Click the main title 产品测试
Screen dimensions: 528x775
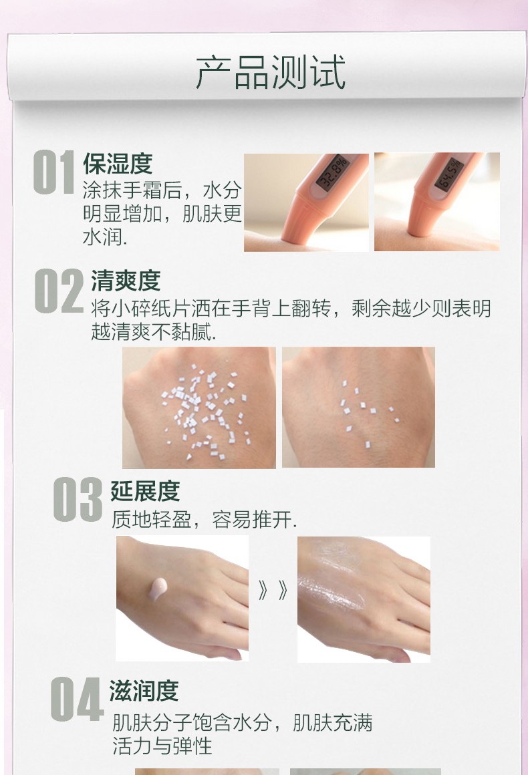tap(271, 71)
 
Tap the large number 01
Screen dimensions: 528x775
tap(54, 172)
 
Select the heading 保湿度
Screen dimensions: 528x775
tap(118, 164)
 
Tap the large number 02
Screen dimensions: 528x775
tap(59, 291)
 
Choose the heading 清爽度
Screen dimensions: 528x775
tap(126, 281)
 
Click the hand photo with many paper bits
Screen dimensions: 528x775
tap(199, 408)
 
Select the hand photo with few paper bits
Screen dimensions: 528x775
tap(358, 408)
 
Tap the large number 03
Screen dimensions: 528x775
tap(78, 499)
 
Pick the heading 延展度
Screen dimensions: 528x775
tap(145, 490)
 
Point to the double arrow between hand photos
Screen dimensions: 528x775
tap(273, 590)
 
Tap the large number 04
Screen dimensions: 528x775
tap(77, 700)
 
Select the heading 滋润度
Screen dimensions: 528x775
tap(144, 690)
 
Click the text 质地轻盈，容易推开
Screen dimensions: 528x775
tap(204, 520)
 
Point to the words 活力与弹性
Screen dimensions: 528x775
tap(162, 746)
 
